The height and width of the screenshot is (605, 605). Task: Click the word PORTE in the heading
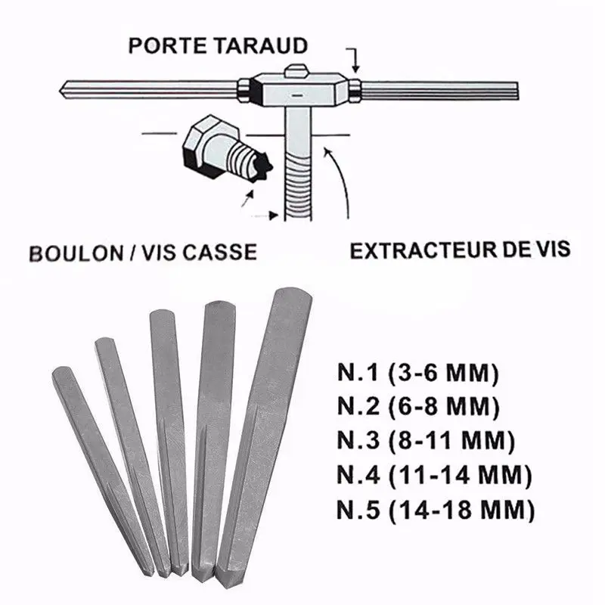tap(168, 46)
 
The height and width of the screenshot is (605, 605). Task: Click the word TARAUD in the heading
tap(261, 46)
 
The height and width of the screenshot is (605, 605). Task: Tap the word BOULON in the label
tap(76, 253)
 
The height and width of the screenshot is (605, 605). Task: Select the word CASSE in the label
tap(219, 253)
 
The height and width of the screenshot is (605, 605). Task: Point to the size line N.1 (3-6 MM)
tap(418, 373)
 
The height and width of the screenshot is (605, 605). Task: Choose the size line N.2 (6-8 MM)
tap(418, 407)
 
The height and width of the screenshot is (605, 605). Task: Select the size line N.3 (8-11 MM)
tap(426, 441)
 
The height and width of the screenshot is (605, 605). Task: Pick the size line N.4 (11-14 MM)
tap(434, 475)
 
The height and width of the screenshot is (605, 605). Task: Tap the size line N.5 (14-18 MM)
tap(436, 509)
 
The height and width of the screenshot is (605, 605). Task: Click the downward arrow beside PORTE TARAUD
tap(354, 60)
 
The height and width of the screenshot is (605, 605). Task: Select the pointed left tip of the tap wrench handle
tap(60, 91)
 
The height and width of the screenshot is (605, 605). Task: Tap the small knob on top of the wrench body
tap(296, 70)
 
